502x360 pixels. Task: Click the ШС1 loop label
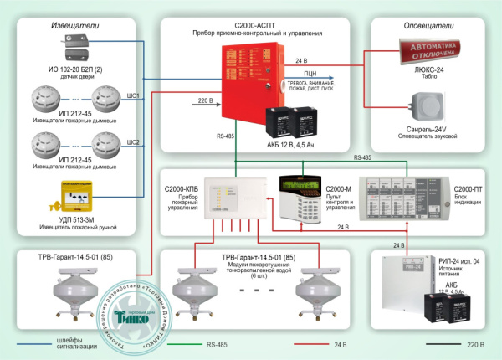(x=132, y=96)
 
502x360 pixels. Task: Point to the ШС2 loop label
(x=132, y=141)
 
